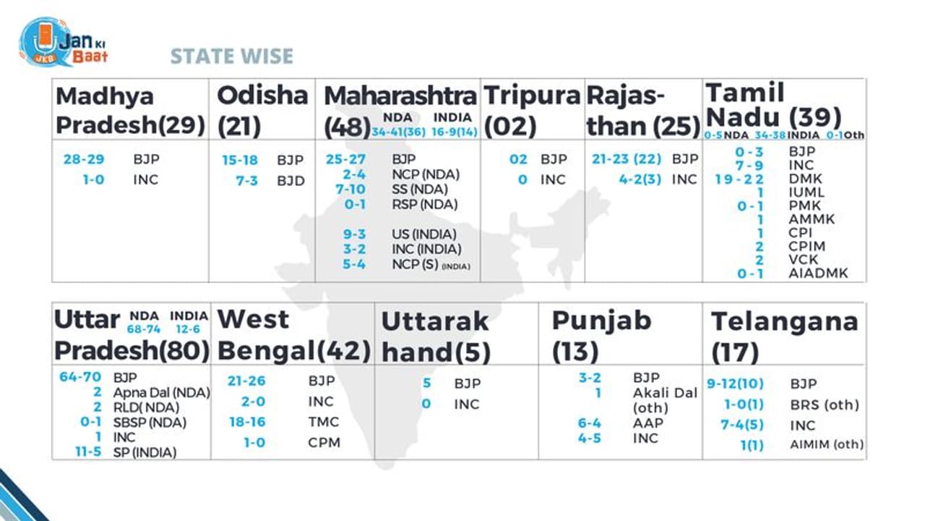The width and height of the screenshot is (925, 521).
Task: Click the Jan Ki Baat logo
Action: coord(64,43)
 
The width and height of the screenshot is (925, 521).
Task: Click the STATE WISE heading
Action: coord(231,56)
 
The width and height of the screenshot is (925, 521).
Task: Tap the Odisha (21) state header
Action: coord(262,110)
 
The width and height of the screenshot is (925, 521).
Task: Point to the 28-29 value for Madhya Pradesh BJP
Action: coord(84,159)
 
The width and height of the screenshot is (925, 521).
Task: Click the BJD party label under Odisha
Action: coord(291,180)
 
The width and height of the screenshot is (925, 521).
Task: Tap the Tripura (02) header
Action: coord(532,110)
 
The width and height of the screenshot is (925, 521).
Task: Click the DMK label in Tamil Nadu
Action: coord(806,179)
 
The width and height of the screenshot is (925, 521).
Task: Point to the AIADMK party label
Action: coord(818,274)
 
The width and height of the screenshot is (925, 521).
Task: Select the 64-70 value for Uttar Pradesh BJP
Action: coord(81,377)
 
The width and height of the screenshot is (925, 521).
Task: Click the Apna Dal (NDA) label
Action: coord(161,392)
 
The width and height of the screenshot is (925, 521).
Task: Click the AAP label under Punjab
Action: coord(647,423)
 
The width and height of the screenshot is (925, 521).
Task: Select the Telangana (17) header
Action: coord(784,336)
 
